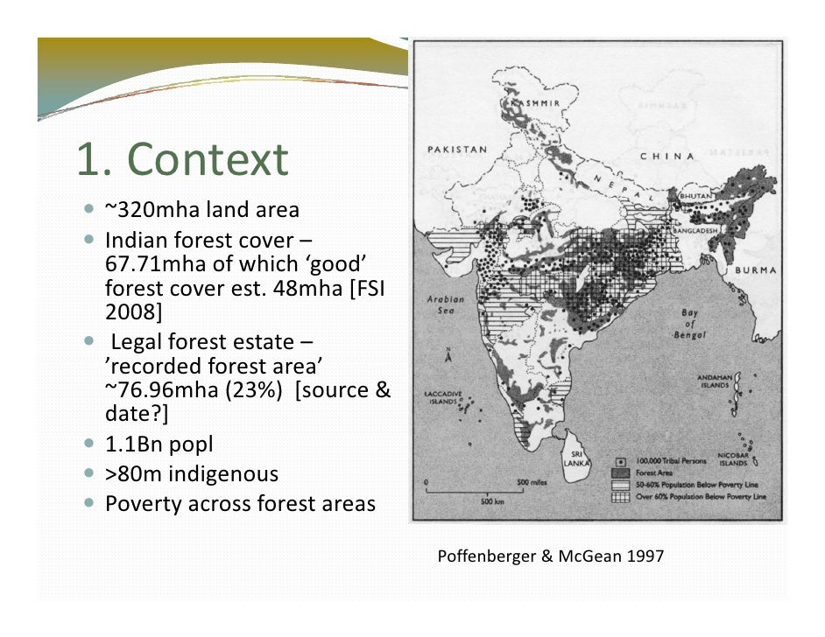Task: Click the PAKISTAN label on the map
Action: (456, 150)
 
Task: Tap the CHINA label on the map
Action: (668, 157)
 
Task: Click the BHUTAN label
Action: (695, 199)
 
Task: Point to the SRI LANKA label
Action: (578, 458)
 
